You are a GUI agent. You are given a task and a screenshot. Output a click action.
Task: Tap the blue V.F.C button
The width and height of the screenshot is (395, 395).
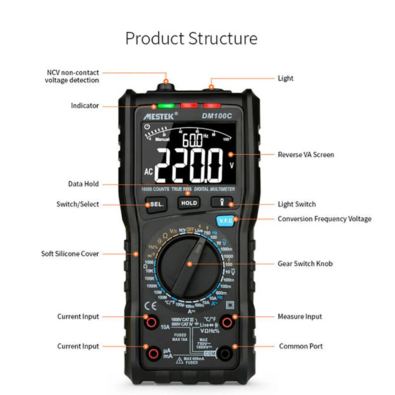(226, 221)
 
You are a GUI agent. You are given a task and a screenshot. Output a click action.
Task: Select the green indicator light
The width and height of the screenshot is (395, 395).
(166, 106)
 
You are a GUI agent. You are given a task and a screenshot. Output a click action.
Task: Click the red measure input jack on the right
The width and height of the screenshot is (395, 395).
(227, 322)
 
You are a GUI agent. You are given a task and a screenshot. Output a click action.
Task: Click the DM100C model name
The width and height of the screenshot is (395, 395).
(217, 116)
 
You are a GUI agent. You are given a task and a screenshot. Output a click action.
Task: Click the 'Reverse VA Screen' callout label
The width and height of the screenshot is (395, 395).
(305, 155)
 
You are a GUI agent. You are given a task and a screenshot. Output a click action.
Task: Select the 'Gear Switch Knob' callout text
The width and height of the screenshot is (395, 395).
(305, 264)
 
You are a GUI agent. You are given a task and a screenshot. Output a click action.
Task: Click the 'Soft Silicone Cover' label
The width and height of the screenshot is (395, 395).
(70, 254)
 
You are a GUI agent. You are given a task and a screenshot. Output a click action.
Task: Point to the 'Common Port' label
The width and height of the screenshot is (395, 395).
(301, 346)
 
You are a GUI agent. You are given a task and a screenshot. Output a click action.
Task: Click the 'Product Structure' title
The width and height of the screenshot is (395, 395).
(191, 39)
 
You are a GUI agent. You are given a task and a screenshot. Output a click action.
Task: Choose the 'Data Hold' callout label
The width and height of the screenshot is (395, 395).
(83, 184)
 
